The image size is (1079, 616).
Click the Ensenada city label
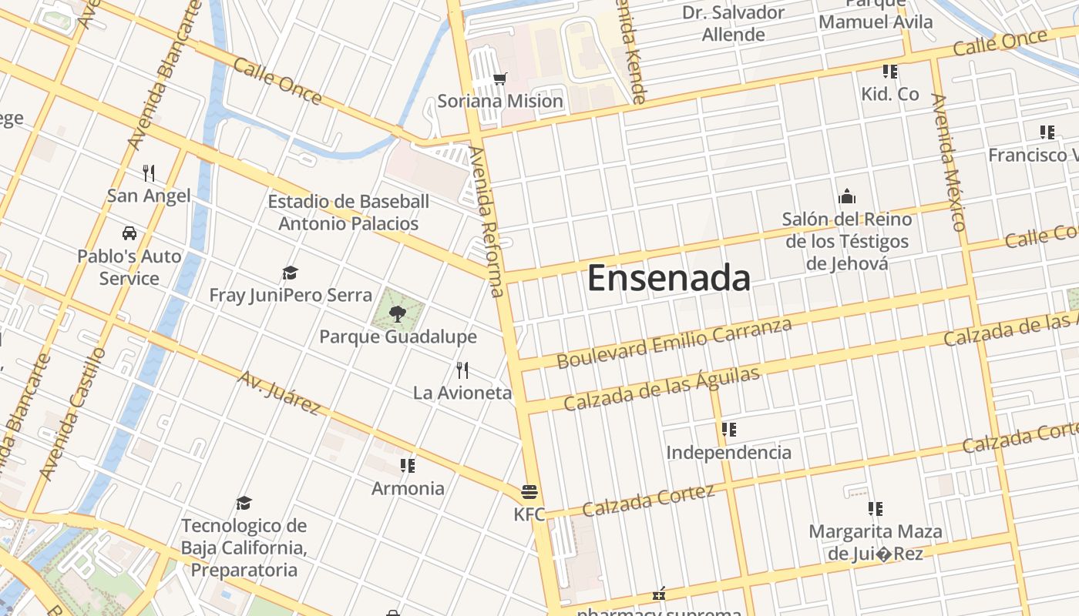669,278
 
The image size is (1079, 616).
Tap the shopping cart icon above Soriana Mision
499,79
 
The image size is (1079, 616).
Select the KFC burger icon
529,491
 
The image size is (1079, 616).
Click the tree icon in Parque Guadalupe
398,313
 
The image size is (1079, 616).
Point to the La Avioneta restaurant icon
462,370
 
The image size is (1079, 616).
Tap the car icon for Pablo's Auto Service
129,233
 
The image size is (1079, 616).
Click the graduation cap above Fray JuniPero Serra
290,273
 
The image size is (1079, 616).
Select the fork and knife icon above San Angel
149,172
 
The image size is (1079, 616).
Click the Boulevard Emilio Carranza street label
674,343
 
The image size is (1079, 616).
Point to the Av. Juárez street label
279,393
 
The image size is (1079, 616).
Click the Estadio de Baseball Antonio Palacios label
348,213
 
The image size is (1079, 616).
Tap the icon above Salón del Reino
847,196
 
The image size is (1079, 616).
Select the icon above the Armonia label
408,466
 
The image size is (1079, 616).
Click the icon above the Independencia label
728,430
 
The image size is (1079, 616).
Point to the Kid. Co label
890,94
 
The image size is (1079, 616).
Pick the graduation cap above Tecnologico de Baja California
244,503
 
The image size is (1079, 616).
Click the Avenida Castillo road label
72,414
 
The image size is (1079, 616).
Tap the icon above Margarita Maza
875,509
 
